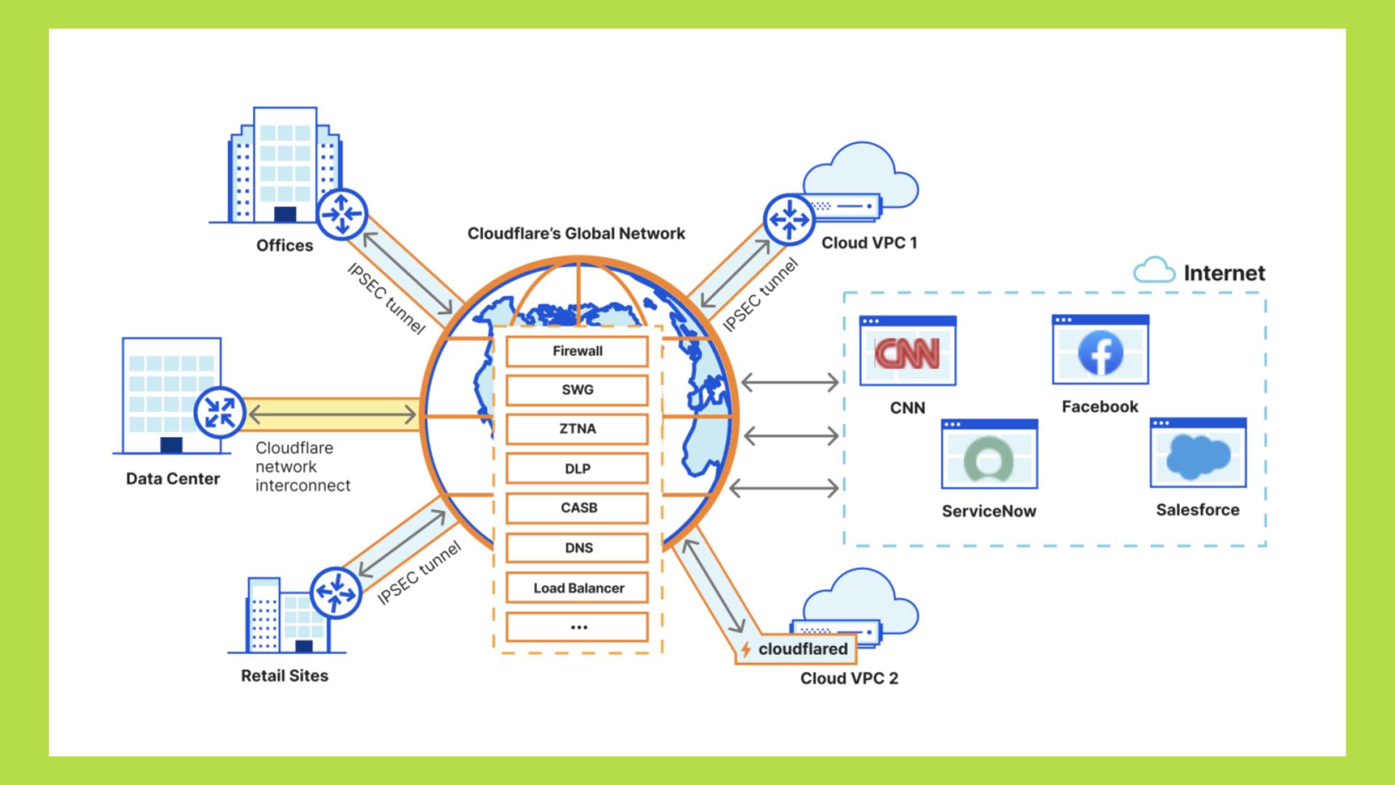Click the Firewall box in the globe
coord(577,351)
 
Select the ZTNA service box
coord(577,429)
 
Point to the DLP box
coord(577,469)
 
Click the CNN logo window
coord(907,351)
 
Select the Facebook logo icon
coord(1100,353)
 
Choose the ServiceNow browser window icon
coord(989,455)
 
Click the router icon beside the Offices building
coord(341,214)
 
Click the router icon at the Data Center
coord(219,412)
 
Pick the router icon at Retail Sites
coord(336,592)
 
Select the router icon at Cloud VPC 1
coord(789,219)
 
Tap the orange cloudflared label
coord(796,649)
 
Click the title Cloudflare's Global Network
coord(576,233)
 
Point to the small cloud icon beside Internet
coord(1154,270)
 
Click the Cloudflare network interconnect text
coord(302,467)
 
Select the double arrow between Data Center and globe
coord(332,415)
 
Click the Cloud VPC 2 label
coord(849,679)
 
